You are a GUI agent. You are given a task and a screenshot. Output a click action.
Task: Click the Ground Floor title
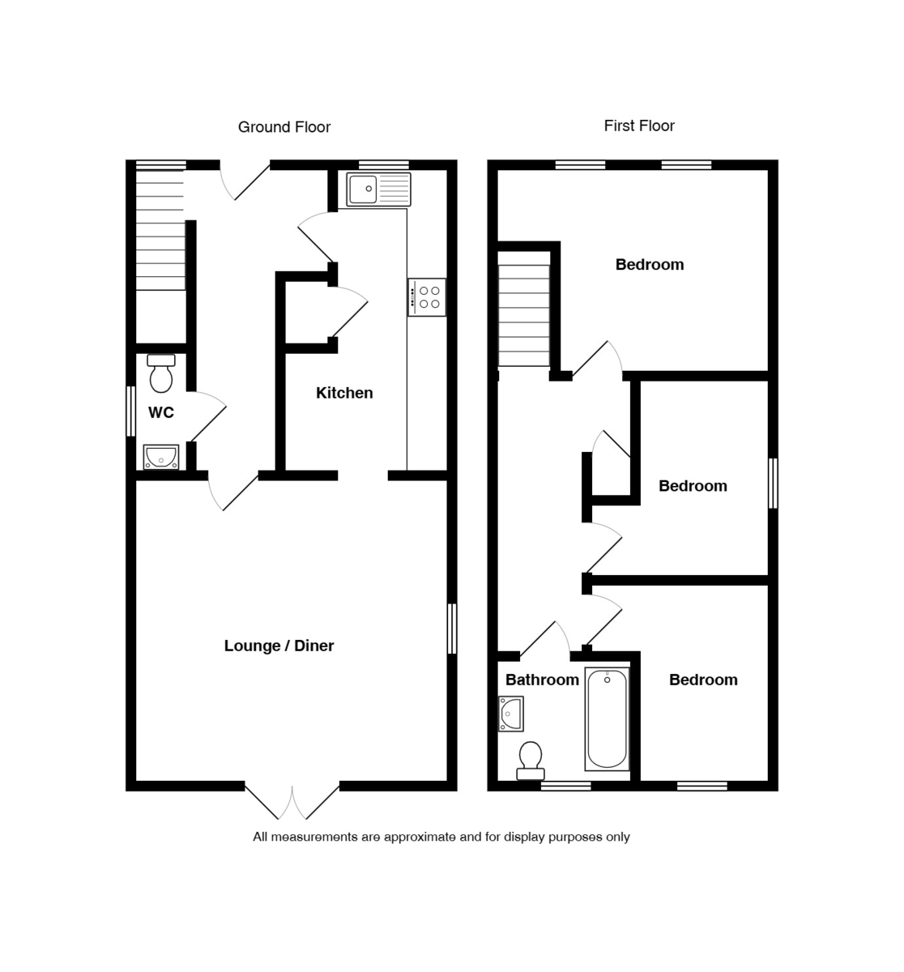(x=284, y=127)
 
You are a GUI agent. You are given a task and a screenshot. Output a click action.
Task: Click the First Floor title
(x=638, y=126)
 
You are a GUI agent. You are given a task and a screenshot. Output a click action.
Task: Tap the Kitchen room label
(x=344, y=393)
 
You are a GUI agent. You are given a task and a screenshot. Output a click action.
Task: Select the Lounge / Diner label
(x=279, y=646)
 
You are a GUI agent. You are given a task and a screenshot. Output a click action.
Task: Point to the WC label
(x=161, y=413)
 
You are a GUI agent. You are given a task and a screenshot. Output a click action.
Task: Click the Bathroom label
(x=542, y=680)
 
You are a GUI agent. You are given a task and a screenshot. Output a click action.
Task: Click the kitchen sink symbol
(x=378, y=190)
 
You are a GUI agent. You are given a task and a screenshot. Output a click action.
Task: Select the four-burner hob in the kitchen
(x=427, y=297)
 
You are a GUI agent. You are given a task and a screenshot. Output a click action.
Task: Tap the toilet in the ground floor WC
(x=161, y=373)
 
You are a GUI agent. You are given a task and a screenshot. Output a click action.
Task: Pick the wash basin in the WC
(x=161, y=457)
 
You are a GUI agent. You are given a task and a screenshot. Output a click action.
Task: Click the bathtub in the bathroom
(x=607, y=718)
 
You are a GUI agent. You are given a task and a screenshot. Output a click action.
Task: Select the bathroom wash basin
(x=511, y=714)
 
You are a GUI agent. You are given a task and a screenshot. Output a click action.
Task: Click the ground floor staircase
(x=160, y=231)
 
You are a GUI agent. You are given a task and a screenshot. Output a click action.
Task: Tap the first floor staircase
(x=523, y=316)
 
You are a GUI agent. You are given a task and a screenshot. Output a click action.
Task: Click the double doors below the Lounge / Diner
(x=292, y=801)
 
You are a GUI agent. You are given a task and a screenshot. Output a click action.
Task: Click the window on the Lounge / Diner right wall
(x=452, y=629)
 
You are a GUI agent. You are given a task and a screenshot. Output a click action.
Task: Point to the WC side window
(x=130, y=411)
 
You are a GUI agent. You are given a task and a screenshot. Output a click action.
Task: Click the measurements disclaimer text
(x=441, y=837)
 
